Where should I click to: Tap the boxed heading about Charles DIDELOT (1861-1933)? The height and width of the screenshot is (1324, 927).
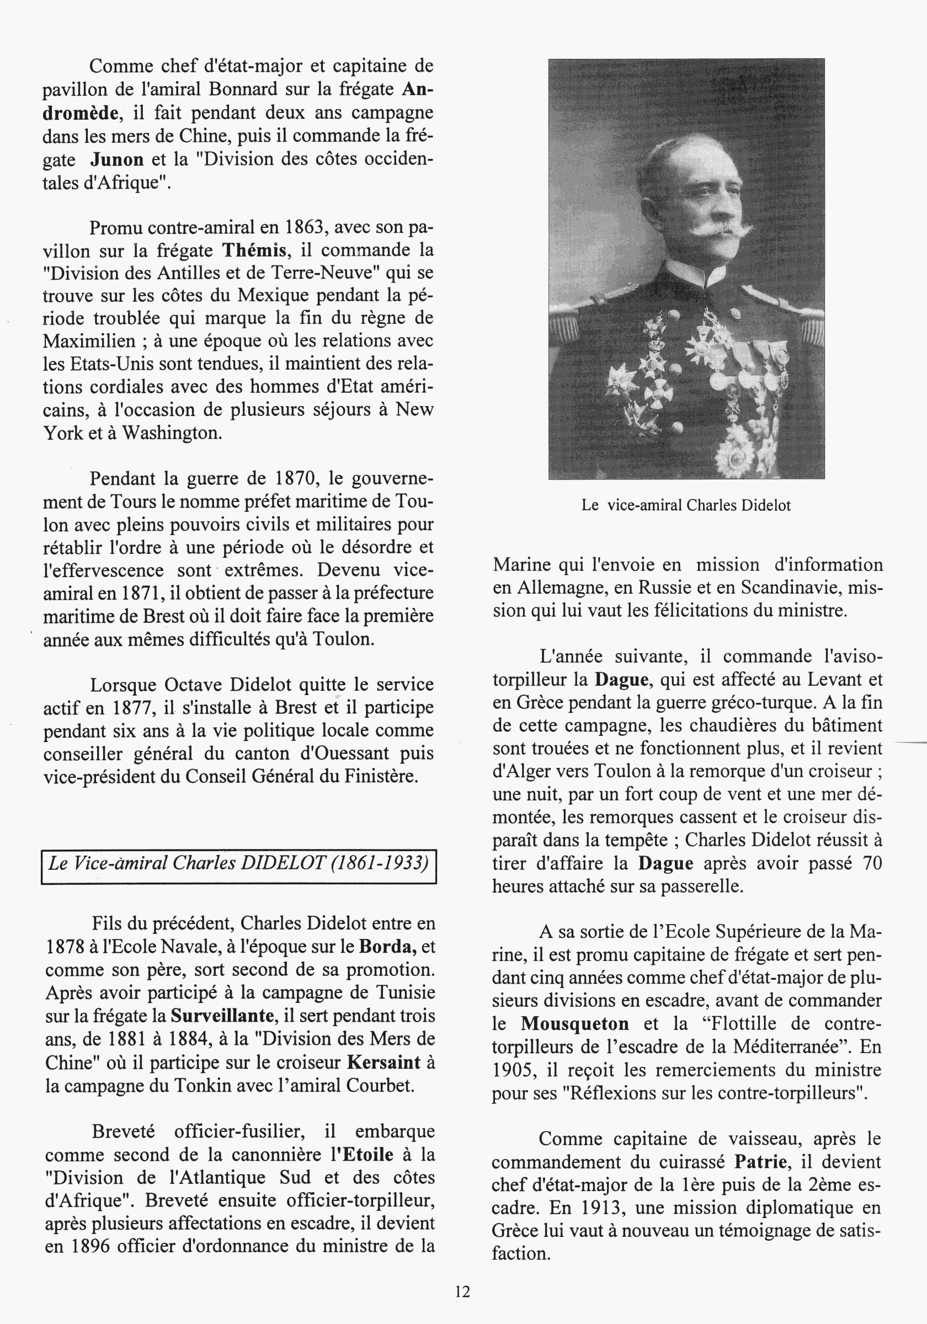point(238,863)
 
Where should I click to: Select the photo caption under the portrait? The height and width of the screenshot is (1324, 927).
point(686,506)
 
